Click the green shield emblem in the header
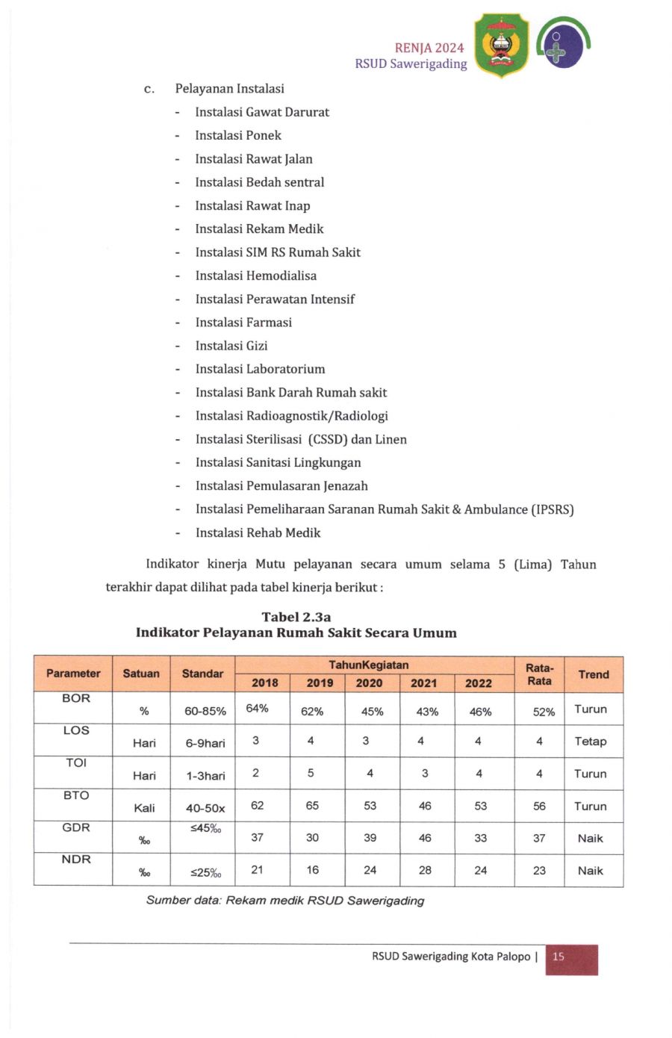[501, 46]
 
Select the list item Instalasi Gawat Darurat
[261, 112]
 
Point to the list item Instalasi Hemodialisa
[255, 276]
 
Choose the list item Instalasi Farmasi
[243, 323]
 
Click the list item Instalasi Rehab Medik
[258, 532]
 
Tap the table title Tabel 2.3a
[296, 617]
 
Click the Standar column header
[202, 674]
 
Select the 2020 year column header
[369, 683]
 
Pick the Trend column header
[594, 674]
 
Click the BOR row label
[76, 698]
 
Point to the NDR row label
[76, 860]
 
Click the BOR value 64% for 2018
[257, 709]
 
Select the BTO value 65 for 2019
[312, 806]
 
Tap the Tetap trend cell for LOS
[591, 742]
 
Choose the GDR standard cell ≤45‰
[205, 828]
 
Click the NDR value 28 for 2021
[425, 870]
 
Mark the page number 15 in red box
[559, 957]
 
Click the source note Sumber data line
[285, 901]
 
